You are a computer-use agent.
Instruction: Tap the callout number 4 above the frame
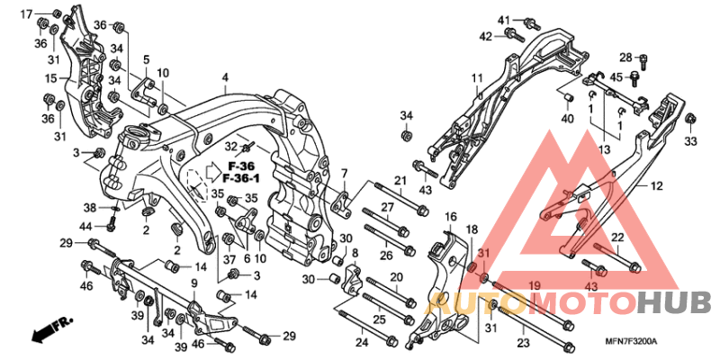(x=226, y=77)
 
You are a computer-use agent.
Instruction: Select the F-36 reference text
(x=241, y=167)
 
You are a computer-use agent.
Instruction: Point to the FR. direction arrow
(x=51, y=329)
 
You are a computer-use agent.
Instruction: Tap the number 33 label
(x=690, y=141)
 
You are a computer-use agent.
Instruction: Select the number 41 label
(x=504, y=20)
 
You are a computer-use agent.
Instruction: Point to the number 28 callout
(x=625, y=57)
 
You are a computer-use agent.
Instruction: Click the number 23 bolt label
(x=522, y=343)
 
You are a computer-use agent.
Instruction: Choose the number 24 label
(x=362, y=342)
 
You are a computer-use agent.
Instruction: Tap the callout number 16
(x=450, y=217)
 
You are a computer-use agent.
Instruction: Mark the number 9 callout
(x=193, y=283)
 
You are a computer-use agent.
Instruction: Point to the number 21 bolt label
(x=400, y=181)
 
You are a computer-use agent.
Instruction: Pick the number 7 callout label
(x=344, y=173)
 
